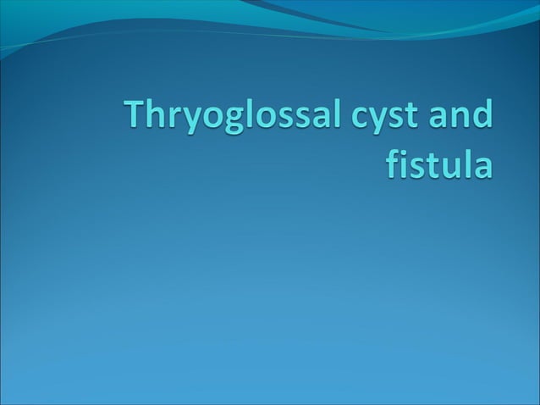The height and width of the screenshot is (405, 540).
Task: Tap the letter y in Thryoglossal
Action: (x=189, y=124)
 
